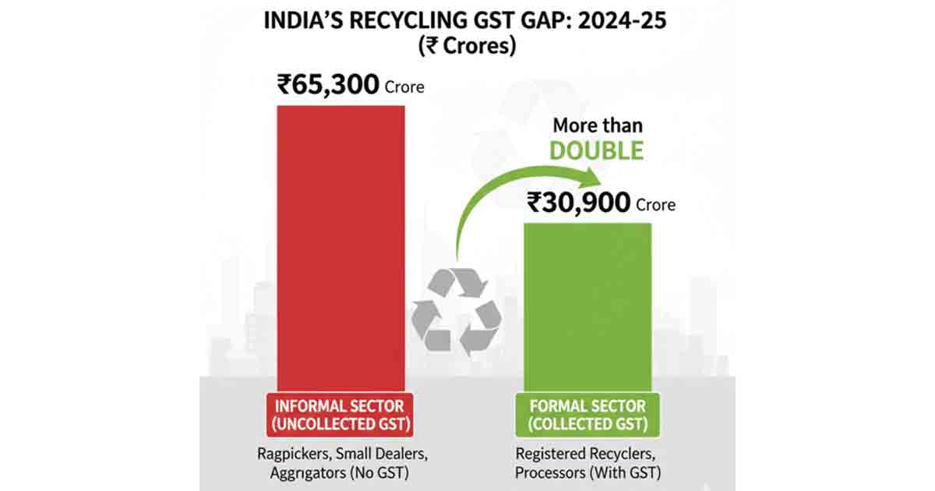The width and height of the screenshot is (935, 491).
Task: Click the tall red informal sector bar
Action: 341,245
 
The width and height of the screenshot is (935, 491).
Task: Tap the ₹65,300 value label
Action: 329,84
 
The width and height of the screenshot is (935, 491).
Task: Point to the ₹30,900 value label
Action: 579,203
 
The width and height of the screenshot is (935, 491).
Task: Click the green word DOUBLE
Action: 597,150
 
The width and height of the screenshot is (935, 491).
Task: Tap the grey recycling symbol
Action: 456,309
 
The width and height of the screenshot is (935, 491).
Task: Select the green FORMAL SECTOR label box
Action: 587,415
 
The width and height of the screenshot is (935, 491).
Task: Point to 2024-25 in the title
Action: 620,20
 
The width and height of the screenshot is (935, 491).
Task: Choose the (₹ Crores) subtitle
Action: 466,46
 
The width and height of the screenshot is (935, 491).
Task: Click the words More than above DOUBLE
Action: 598,125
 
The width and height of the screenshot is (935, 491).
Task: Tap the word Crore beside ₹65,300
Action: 404,87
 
